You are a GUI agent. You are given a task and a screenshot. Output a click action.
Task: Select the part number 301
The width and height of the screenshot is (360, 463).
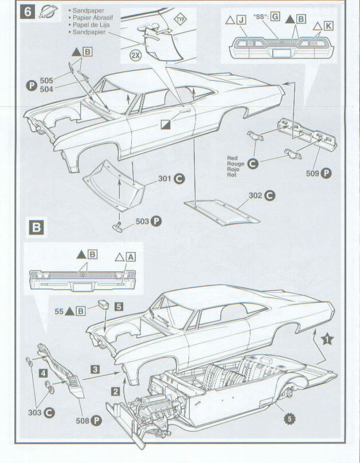[x=165, y=179]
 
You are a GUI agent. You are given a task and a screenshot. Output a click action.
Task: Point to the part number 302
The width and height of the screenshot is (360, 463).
[x=255, y=196]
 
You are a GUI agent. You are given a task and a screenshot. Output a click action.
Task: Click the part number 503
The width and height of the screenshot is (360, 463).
[x=143, y=221]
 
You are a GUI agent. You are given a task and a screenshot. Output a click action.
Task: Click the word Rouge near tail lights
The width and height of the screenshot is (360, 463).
[x=235, y=164]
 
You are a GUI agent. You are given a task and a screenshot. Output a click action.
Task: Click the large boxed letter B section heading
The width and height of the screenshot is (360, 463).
[x=36, y=227]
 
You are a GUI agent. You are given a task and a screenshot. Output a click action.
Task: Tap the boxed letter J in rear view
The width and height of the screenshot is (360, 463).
[x=241, y=19]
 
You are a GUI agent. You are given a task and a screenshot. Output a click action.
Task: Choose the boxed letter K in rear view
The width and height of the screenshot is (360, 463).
[x=328, y=26]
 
